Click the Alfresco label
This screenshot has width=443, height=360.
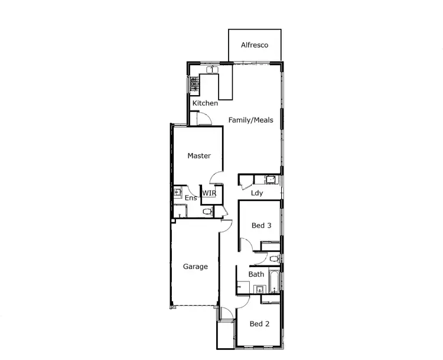click(255, 45)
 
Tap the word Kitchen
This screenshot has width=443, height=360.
click(205, 103)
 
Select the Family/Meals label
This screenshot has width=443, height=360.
click(251, 120)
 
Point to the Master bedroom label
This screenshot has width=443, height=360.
click(199, 156)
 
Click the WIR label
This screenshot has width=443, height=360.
click(209, 193)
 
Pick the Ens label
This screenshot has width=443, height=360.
click(190, 197)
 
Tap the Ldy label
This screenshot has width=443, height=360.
click(257, 193)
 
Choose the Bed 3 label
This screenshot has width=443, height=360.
click(262, 225)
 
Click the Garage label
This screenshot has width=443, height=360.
click(195, 267)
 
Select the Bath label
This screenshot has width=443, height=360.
click(256, 274)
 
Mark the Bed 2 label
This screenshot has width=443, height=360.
click(259, 323)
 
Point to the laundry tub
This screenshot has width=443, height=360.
click(271, 180)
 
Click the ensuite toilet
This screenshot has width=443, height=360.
click(207, 211)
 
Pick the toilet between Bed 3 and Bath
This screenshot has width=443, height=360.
click(273, 259)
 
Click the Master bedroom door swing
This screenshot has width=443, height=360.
click(216, 176)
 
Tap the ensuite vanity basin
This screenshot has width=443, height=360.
click(177, 192)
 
